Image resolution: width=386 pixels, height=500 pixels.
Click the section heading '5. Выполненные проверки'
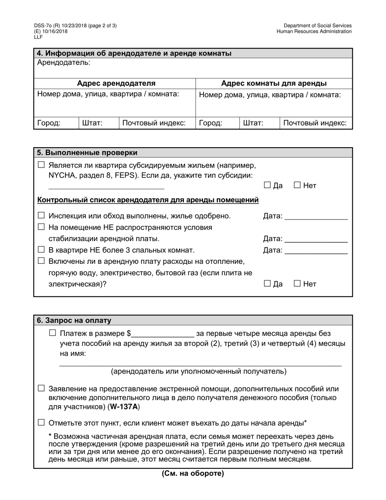(87, 153)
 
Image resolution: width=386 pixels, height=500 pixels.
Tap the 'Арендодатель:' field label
(64, 63)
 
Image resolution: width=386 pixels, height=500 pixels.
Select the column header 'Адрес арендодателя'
(116, 83)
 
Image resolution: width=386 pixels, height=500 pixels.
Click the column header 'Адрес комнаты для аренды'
(273, 83)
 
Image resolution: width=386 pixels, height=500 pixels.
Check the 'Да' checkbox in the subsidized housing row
(267, 185)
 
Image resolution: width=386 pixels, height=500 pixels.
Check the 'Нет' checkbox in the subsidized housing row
(297, 185)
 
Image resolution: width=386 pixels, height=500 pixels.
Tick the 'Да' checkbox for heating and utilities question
(267, 283)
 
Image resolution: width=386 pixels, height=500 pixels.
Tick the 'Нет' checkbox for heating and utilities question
(297, 283)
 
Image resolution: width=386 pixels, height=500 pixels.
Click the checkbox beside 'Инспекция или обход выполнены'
(41, 215)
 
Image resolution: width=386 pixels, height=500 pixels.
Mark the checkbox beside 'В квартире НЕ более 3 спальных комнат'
(41, 250)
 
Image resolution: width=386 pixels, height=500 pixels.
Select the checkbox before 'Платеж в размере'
(52, 333)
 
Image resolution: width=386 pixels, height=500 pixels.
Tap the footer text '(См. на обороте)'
(193, 474)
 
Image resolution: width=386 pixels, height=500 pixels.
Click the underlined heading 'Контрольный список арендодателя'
(148, 200)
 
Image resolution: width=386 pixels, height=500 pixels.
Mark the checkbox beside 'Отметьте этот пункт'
(41, 422)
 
